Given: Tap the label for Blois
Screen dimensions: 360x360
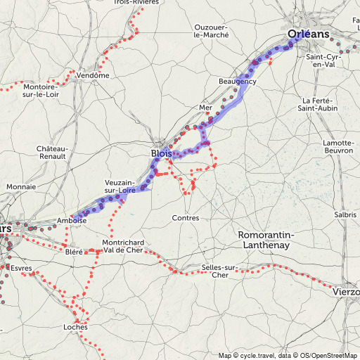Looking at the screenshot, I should pos(160,154).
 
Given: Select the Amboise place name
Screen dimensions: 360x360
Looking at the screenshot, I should pos(72,220).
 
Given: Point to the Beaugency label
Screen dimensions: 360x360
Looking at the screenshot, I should pos(238,82).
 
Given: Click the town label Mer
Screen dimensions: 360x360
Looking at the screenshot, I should pos(206,107).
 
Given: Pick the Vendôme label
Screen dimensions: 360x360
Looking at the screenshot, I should pos(94,75).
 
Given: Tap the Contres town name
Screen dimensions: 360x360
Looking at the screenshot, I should pos(186,218).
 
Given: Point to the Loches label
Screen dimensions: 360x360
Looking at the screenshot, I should pos(75,327).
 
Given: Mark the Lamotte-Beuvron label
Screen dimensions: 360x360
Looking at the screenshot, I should pos(337,147).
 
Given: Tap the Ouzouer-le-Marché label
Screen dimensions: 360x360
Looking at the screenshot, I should pos(212,31).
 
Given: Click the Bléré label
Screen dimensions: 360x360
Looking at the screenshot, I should pos(73,252).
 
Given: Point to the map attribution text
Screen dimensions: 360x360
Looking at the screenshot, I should pos(288,355).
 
